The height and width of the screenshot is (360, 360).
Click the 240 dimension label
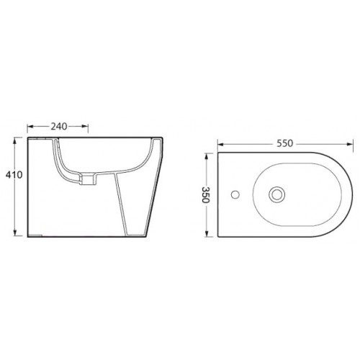[x=59, y=126]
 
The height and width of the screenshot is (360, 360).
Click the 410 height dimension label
[x=14, y=175]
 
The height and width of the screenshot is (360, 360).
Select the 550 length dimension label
[x=285, y=143]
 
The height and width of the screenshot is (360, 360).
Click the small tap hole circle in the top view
[x=235, y=194]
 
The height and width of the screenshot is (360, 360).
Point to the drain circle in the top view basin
[x=277, y=194]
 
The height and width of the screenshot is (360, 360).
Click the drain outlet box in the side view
[x=87, y=180]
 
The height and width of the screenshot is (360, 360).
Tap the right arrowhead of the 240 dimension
[x=85, y=126]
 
